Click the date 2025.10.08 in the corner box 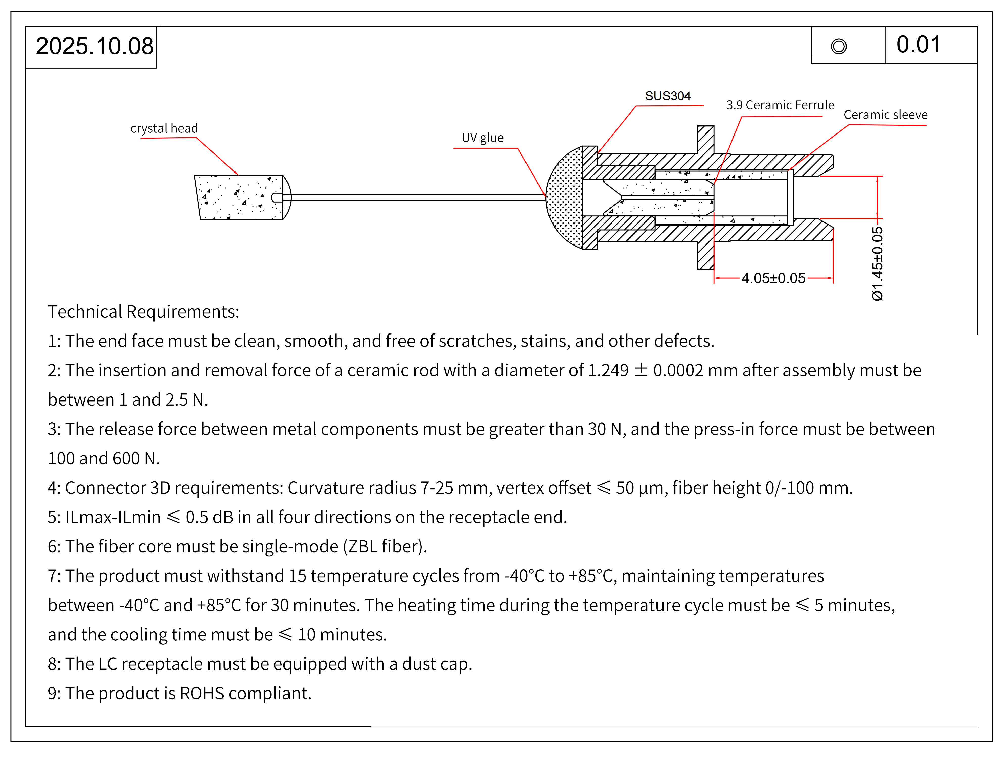pos(95,47)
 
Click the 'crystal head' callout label pos(164,128)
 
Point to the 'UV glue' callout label pos(483,137)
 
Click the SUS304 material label pos(667,96)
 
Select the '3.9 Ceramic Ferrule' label pos(780,105)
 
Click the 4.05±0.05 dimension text pos(773,278)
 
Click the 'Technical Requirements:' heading pos(143,312)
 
